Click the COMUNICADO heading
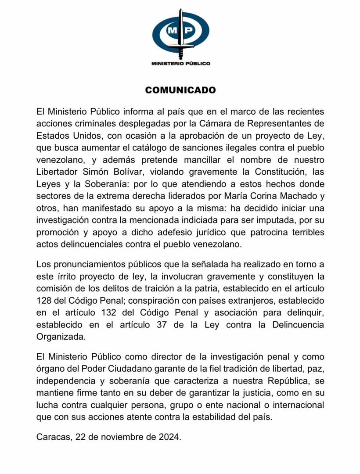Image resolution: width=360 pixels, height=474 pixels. click(180, 90)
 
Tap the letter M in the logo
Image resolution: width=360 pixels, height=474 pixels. click(173, 31)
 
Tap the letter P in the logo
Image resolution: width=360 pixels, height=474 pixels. click(188, 31)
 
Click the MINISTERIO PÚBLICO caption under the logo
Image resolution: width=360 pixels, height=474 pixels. click(180, 63)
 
